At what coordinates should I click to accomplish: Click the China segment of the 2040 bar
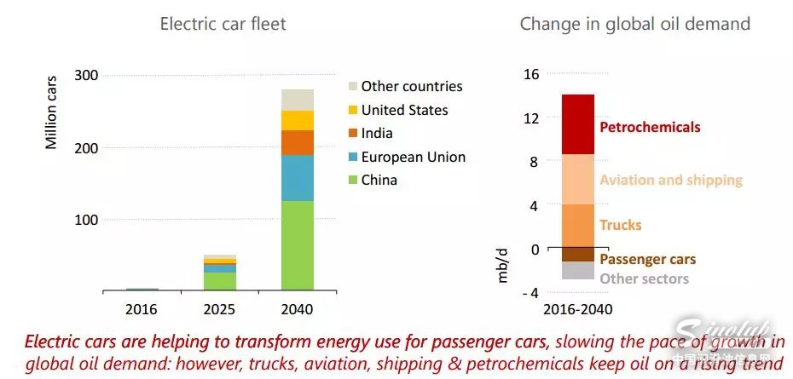click(298, 245)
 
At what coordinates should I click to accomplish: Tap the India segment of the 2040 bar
click(298, 142)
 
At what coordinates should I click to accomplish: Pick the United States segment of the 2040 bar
click(298, 120)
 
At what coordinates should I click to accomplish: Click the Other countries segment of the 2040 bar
click(298, 100)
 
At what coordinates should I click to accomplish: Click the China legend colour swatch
click(351, 181)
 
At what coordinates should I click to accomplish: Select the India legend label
click(377, 134)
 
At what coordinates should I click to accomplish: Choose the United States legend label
click(404, 110)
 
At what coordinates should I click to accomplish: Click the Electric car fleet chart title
click(223, 24)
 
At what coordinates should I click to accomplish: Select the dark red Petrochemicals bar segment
click(578, 124)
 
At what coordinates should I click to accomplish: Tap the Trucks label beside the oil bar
click(620, 225)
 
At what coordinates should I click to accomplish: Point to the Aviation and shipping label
click(671, 181)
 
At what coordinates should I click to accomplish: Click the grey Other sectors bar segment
click(578, 271)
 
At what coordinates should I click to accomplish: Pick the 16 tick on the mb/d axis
click(531, 75)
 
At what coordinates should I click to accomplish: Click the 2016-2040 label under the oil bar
click(578, 309)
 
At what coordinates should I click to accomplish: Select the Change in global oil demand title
click(635, 24)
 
